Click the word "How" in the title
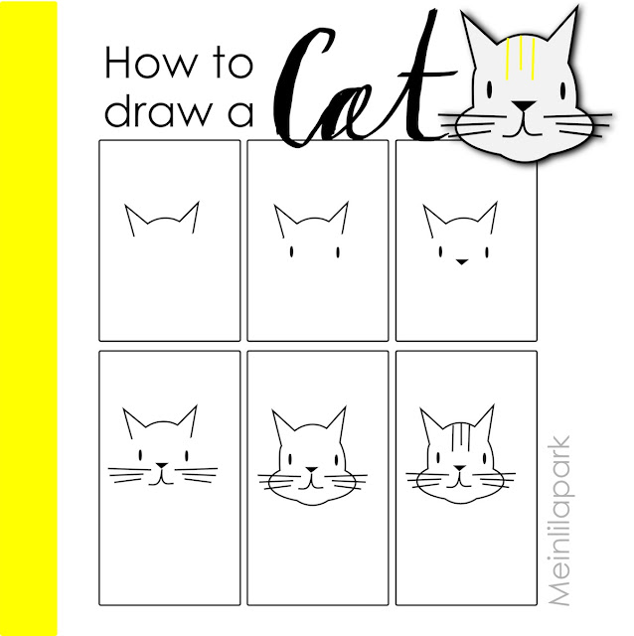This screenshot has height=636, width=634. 150,62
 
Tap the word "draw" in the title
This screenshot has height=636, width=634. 159,111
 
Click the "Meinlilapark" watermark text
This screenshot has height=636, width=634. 558,521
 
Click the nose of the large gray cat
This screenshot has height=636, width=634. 525,106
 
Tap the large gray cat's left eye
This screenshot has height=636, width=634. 490,89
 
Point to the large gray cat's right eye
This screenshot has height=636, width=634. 563,89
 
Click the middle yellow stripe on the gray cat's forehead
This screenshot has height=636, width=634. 521,54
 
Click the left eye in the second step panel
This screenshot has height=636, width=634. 291,252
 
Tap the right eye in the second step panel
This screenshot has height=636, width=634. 338,252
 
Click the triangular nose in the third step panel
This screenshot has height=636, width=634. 461,261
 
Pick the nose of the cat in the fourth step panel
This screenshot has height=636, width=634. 162,465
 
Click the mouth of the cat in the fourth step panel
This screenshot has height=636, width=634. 161,479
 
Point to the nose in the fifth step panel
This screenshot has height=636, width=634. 311,470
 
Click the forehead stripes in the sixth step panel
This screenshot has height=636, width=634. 460,436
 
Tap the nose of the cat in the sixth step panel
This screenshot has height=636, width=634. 459,468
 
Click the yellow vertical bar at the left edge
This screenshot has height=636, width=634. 29,318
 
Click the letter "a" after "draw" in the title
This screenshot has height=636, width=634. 241,114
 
